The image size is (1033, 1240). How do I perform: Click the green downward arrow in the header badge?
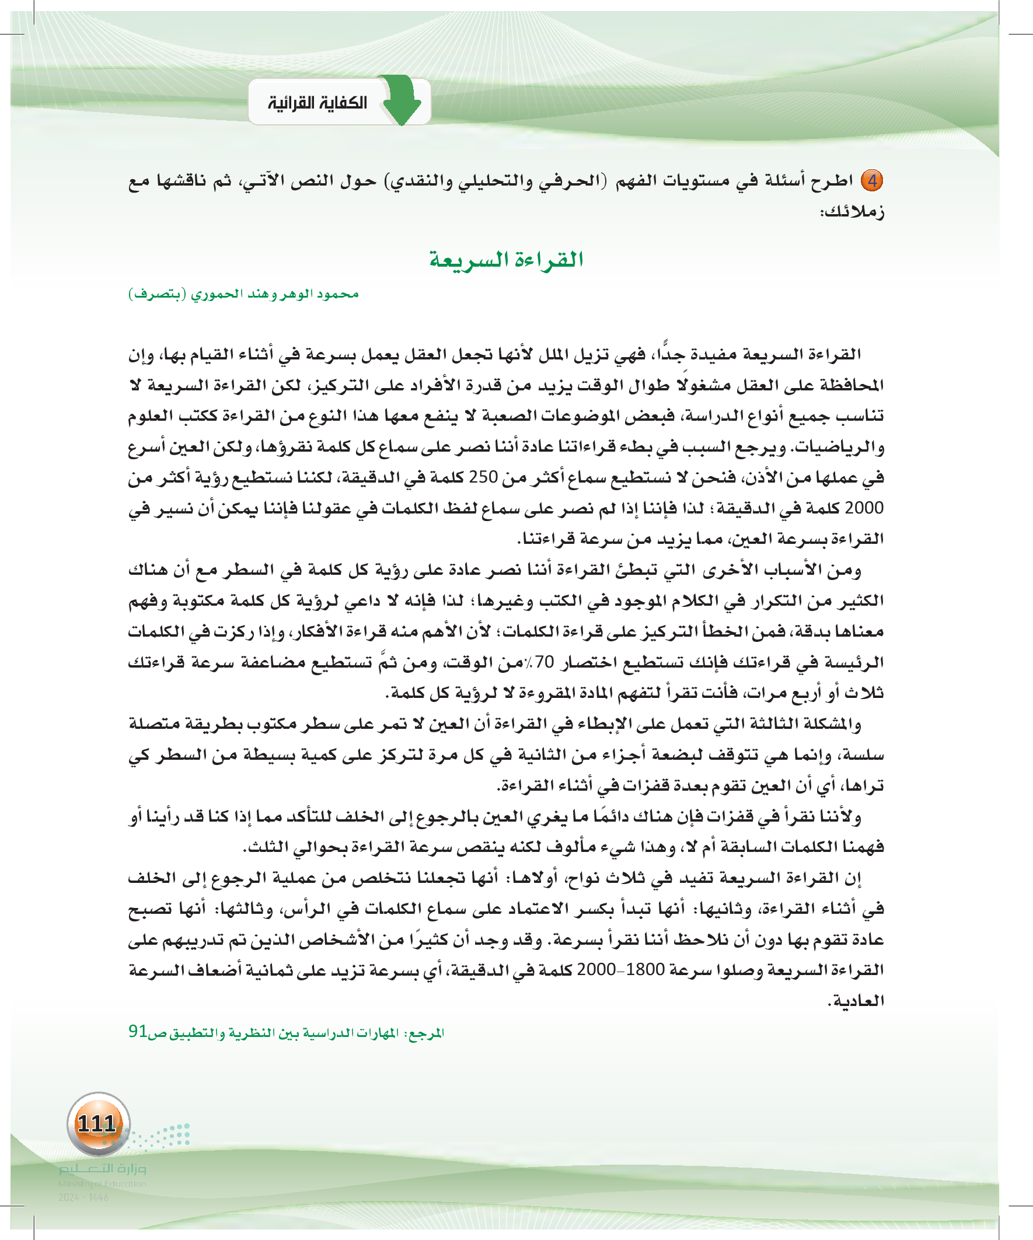[402, 100]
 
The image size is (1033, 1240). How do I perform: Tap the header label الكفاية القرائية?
[317, 103]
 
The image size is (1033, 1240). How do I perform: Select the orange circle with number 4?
[872, 180]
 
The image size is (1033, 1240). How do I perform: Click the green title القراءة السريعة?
[506, 260]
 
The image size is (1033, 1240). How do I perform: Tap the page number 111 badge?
[98, 1124]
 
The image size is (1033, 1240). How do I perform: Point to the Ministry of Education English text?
[102, 1183]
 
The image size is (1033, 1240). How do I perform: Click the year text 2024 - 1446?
[83, 1197]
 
